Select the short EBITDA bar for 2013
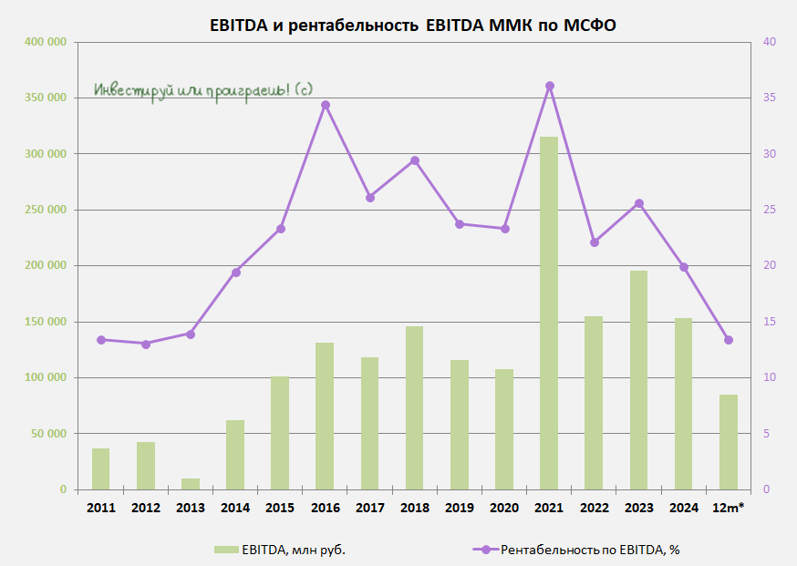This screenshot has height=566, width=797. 191,484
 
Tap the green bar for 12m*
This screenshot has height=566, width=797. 728,442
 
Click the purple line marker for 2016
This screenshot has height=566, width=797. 326,105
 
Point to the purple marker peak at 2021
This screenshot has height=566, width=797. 550,86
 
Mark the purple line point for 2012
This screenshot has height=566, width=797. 146,344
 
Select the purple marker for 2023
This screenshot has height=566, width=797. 639,203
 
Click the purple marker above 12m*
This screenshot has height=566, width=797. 729,340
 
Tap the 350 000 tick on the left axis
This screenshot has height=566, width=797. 45,98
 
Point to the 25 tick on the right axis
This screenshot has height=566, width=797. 769,211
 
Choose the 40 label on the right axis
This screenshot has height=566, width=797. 769,43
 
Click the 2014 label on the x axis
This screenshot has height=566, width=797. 235,508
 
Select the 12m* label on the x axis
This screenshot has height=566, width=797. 728,508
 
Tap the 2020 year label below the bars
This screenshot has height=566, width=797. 504,508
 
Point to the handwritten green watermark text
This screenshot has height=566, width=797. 203,90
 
